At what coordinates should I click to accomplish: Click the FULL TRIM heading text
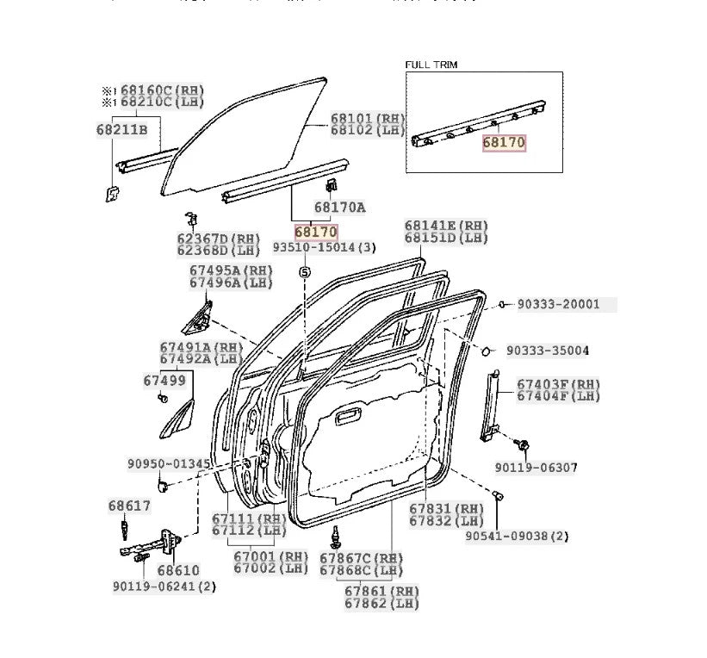pos(431,65)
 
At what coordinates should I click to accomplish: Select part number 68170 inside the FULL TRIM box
pos(503,143)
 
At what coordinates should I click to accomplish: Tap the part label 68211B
pos(122,130)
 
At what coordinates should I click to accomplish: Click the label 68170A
pos(339,207)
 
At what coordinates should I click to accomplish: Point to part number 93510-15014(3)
pos(325,248)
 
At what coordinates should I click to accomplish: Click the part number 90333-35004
pos(547,351)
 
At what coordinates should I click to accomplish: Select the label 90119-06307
pos(536,468)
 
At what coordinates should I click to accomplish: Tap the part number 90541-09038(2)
pos(518,536)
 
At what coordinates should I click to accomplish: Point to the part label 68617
pos(129,506)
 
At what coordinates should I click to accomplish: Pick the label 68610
pos(178,570)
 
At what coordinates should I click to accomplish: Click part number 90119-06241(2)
pos(164,587)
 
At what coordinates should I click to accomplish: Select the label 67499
pos(164,379)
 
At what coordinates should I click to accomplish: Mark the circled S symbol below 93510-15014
pos(304,272)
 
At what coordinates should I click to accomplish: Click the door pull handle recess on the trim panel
pos(348,418)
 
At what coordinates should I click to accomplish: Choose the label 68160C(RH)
pos(163,90)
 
